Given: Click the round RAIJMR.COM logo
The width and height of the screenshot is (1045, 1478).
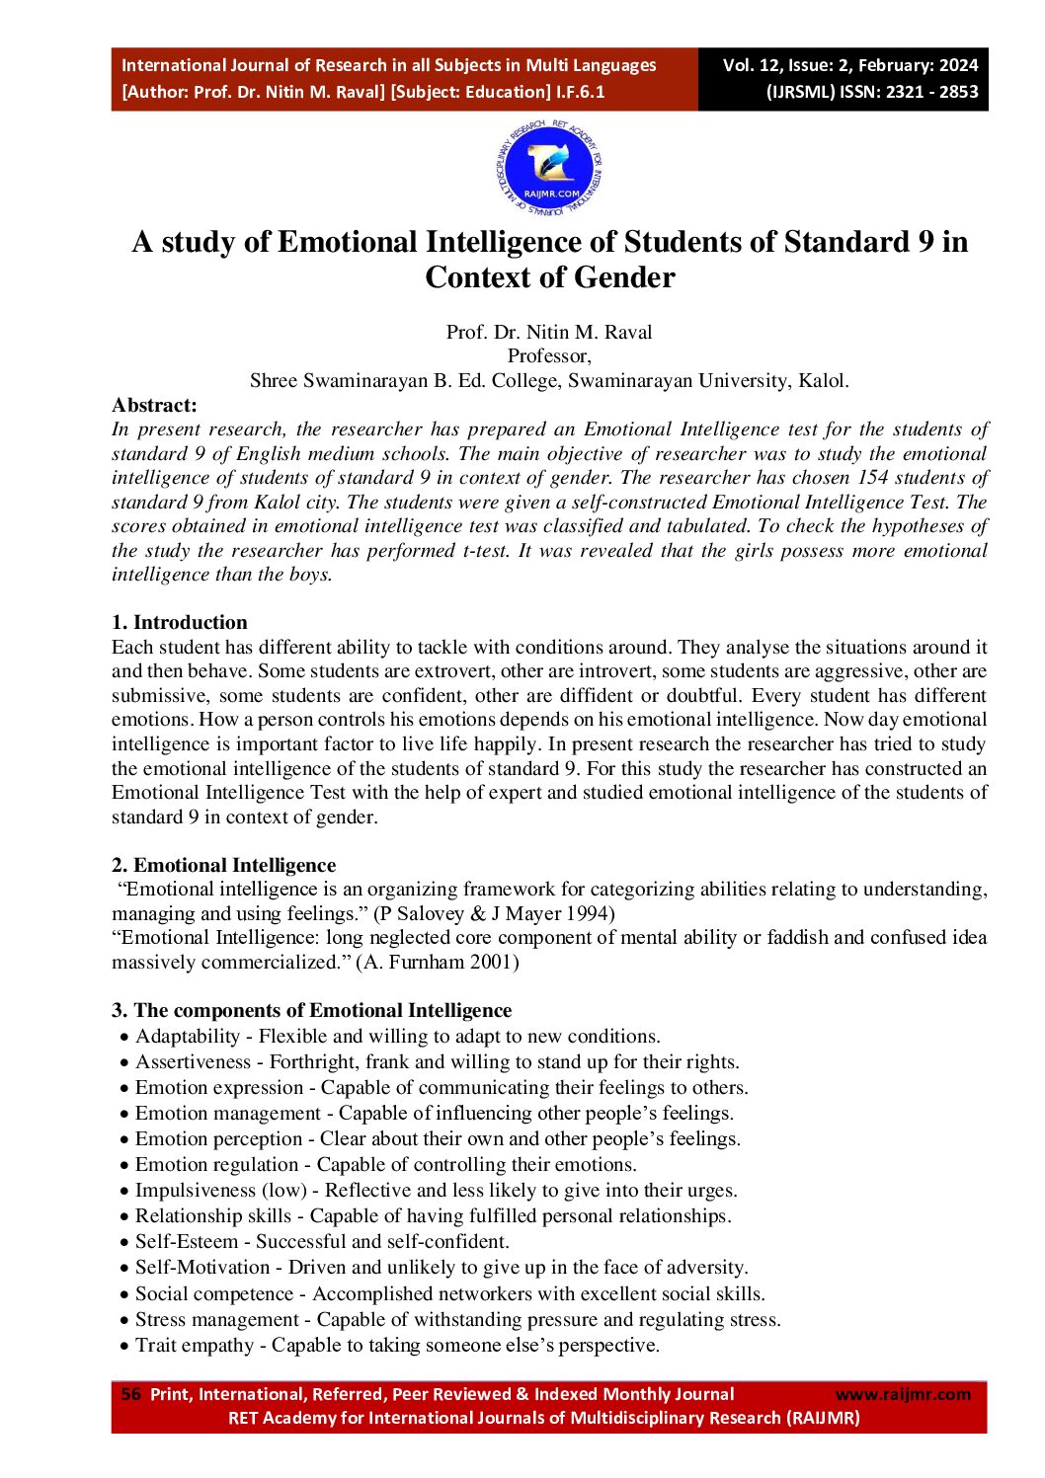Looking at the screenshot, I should [549, 171].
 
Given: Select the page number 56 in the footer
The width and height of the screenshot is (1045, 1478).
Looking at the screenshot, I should [130, 1394].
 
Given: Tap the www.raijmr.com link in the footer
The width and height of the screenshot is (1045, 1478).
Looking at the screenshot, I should [903, 1394].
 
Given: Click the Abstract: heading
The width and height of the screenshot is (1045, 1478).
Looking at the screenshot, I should [154, 405].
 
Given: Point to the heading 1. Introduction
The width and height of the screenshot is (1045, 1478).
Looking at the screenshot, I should [180, 622].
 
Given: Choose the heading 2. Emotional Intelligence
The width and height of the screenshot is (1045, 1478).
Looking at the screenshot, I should [223, 865].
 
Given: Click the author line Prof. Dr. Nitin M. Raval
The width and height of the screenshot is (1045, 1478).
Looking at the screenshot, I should [549, 332].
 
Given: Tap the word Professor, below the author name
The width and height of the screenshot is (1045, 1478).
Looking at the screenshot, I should [549, 355].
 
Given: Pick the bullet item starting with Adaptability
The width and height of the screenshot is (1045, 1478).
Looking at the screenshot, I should [397, 1036].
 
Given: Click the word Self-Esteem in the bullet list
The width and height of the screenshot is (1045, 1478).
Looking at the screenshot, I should [187, 1241].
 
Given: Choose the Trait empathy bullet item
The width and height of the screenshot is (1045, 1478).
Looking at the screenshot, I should [397, 1345].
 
